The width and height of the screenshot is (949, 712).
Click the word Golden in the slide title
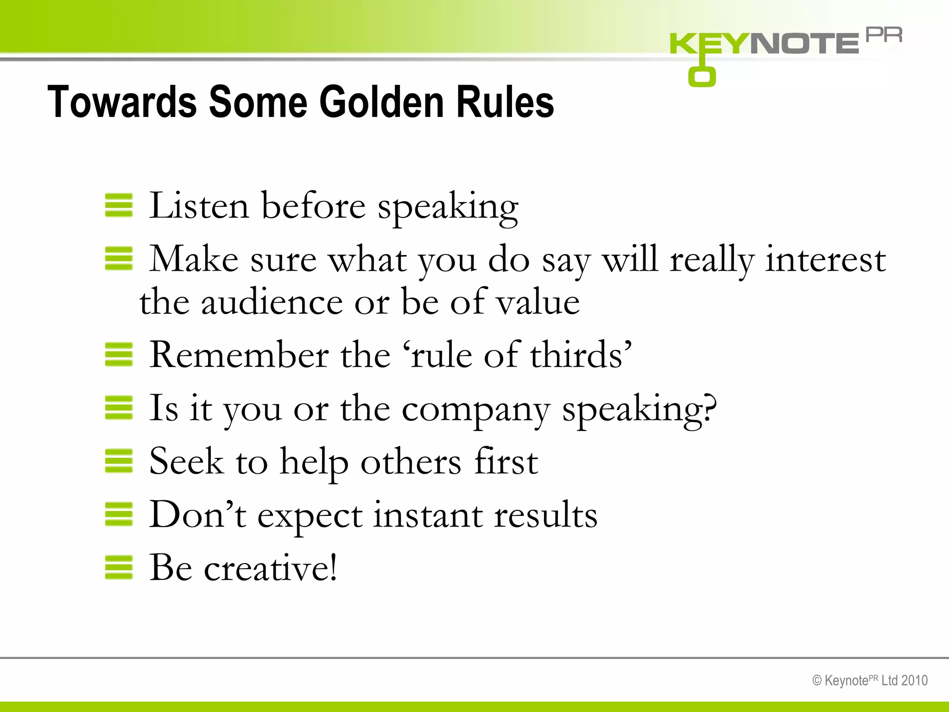click(382, 102)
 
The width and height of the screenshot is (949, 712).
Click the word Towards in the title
click(122, 102)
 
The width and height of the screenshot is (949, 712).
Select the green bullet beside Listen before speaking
click(119, 205)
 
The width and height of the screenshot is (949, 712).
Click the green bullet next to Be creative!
click(119, 567)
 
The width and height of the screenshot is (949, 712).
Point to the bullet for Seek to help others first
click(119, 461)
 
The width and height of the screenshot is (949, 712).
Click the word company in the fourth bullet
click(475, 409)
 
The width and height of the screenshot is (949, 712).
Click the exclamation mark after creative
click(333, 566)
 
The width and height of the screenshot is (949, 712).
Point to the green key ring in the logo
click(702, 76)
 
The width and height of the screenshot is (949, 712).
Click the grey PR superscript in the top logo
click(884, 35)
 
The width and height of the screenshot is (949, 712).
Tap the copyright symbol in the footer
click(817, 680)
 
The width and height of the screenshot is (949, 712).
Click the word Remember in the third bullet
click(239, 355)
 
